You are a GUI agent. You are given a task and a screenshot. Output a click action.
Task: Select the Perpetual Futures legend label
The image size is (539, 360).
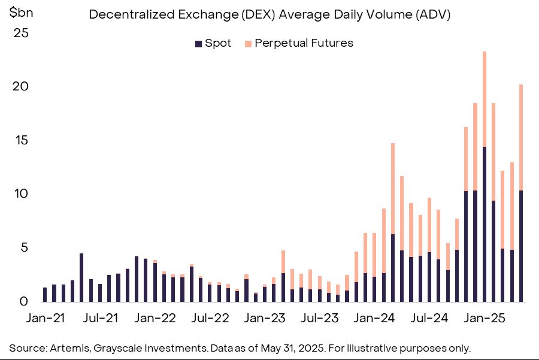304,43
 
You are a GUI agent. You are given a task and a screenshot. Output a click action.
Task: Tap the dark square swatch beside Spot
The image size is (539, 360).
198,44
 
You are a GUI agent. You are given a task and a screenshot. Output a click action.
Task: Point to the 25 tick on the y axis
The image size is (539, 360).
21,33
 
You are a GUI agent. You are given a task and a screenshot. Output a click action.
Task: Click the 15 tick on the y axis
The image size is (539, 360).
21,140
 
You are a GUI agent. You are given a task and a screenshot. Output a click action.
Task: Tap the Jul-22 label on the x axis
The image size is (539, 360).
210,317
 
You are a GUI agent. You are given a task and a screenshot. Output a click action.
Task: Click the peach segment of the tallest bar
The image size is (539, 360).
485,99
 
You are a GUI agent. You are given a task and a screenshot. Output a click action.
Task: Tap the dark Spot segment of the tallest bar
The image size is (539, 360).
485,225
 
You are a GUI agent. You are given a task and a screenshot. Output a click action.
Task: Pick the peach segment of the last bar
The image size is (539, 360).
521,138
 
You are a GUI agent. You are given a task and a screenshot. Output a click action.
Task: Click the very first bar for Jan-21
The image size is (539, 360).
45,295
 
